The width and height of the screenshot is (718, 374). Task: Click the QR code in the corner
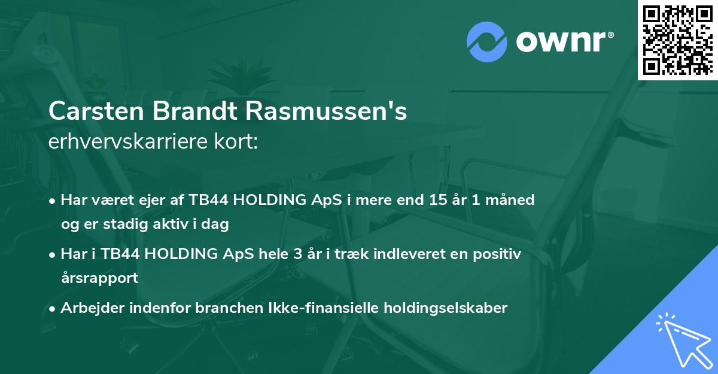[678, 40]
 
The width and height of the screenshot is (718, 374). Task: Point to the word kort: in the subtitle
[239, 143]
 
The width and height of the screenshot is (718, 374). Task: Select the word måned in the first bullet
[510, 200]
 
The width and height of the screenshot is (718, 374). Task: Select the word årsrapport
[99, 278]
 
